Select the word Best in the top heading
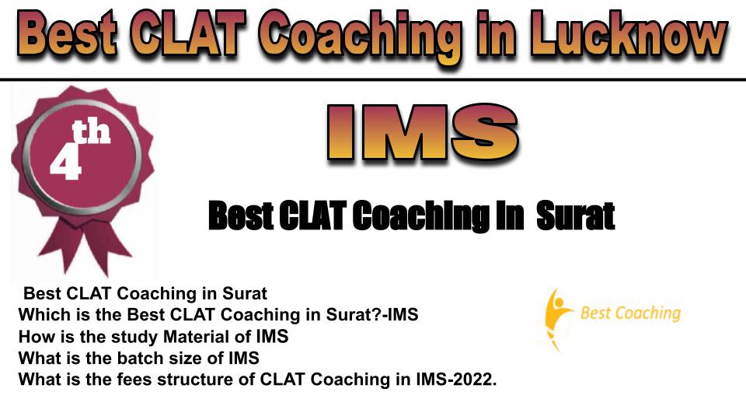[x=67, y=34]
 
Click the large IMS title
[x=423, y=133]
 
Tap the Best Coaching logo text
[x=630, y=313]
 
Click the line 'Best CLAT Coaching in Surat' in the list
[x=145, y=293]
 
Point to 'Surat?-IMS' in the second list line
[x=372, y=314]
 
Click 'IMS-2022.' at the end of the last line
[x=456, y=379]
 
